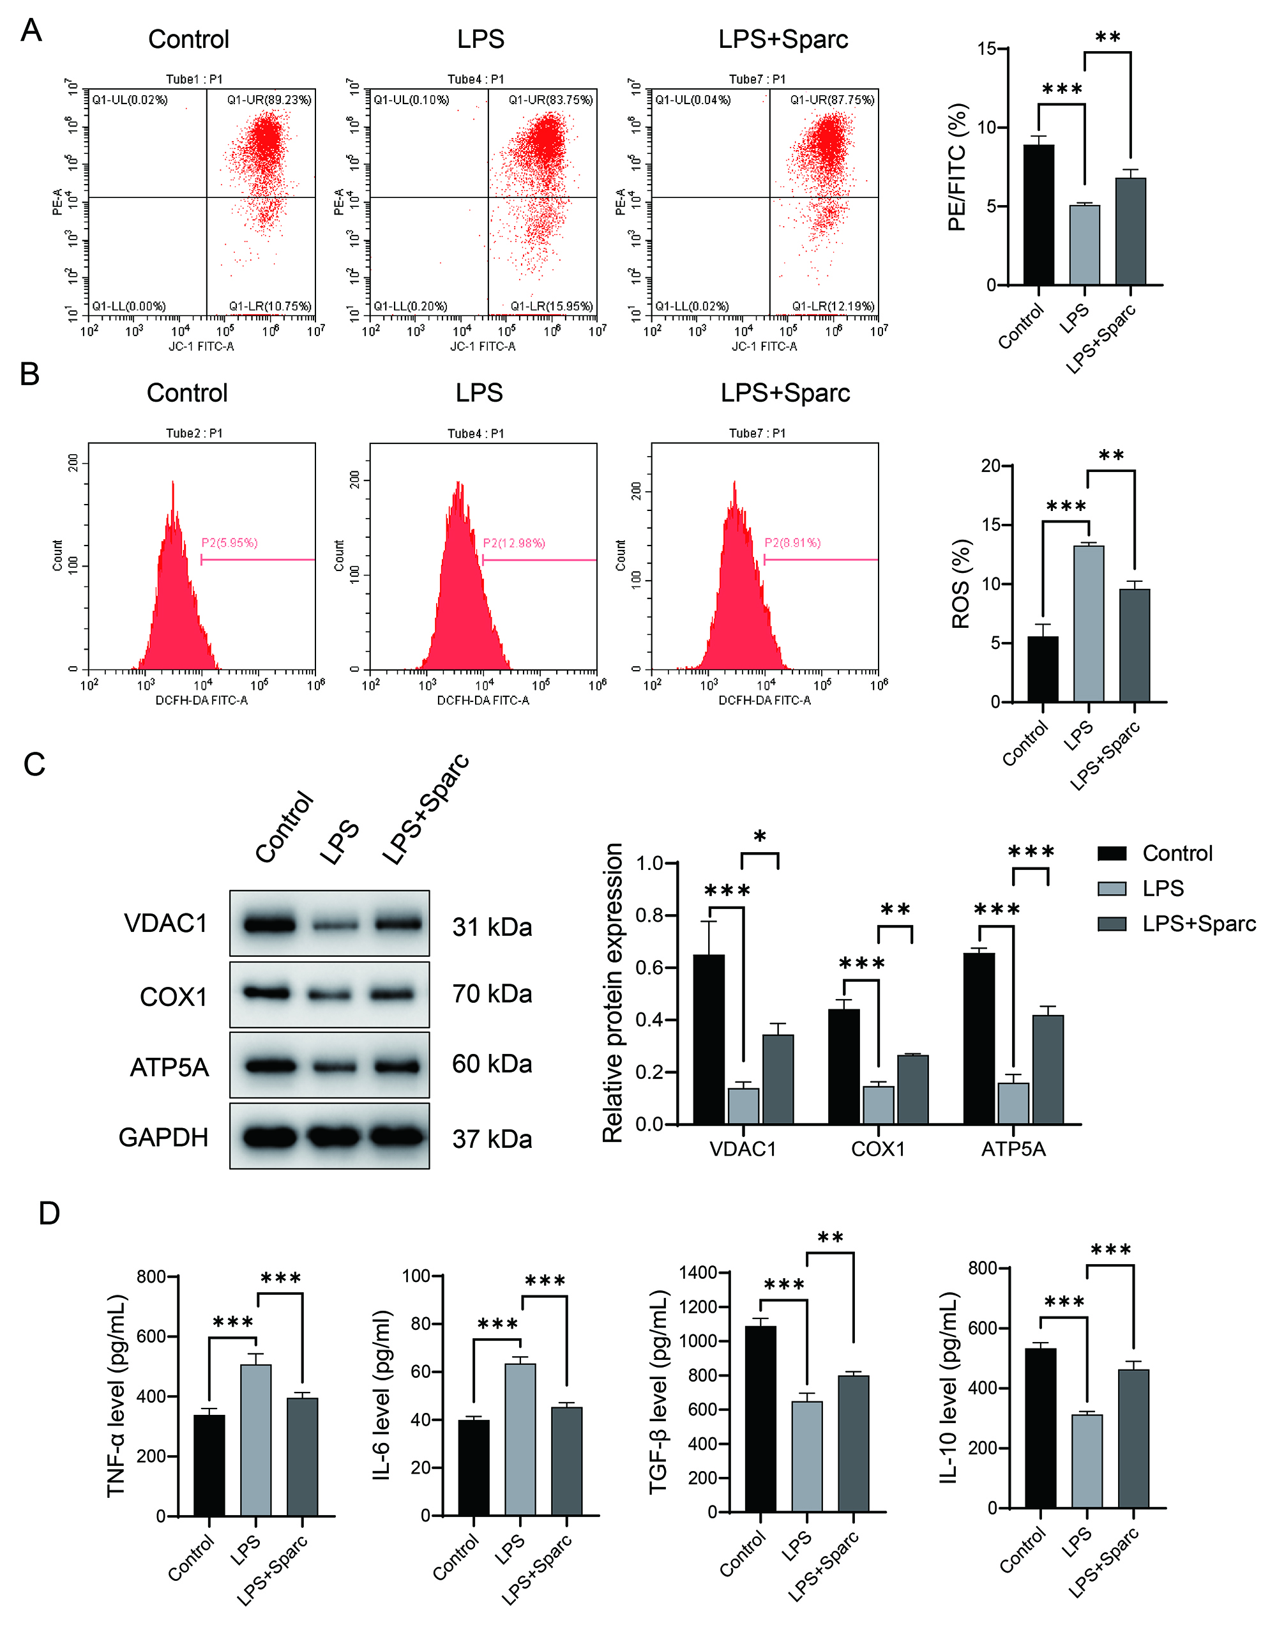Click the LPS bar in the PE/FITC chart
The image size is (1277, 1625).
click(x=1084, y=245)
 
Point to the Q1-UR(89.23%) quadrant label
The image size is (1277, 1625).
click(x=269, y=100)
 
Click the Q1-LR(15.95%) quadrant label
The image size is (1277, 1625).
click(x=552, y=306)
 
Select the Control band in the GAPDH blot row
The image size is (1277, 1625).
click(x=269, y=1138)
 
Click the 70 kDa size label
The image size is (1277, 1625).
click(x=492, y=994)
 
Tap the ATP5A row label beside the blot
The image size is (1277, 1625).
click(x=169, y=1067)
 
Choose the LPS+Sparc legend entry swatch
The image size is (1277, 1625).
click(x=1112, y=924)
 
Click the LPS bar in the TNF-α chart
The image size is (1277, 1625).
click(x=255, y=1440)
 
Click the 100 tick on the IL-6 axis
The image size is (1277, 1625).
click(x=416, y=1276)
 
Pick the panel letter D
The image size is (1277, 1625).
click(x=49, y=1213)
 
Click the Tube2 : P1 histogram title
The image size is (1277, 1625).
click(x=193, y=433)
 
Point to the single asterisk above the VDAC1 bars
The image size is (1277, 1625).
click(x=760, y=837)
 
